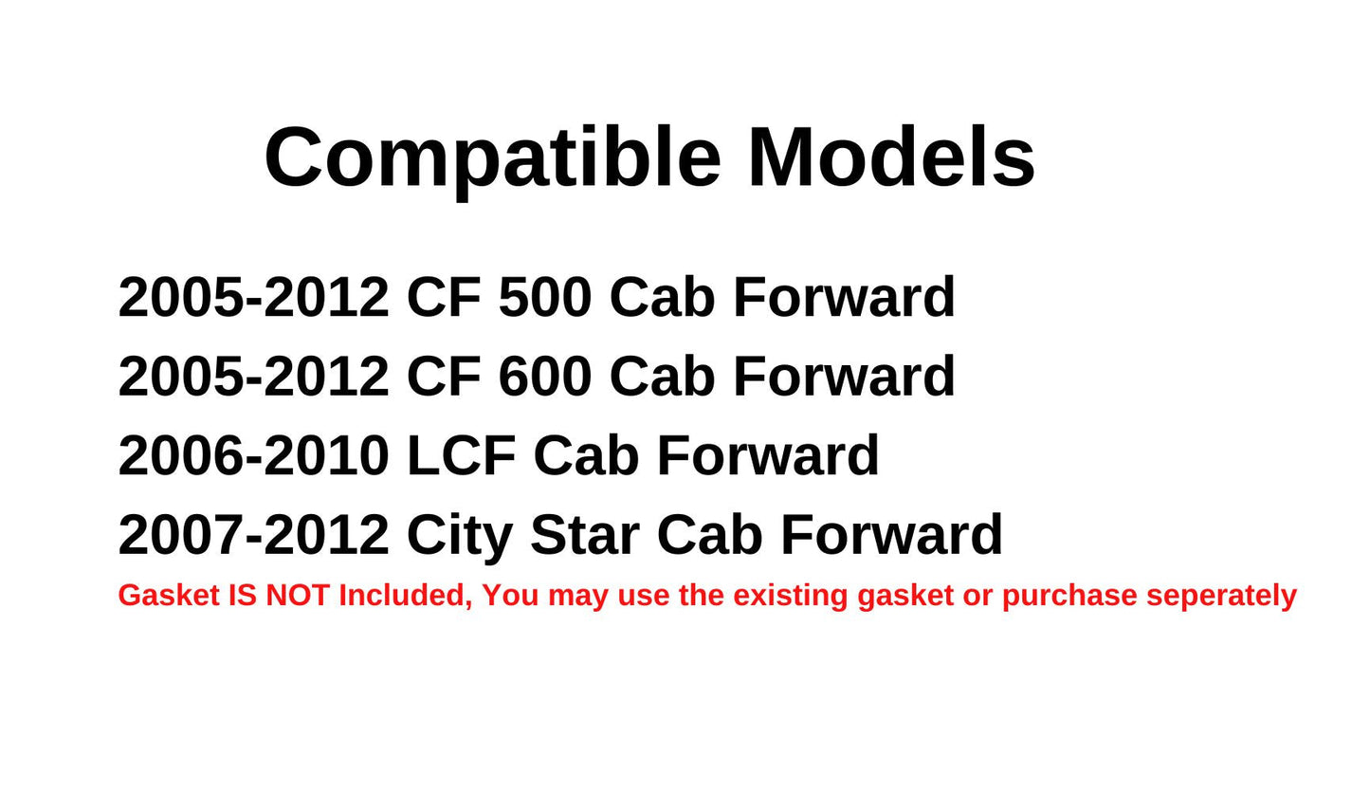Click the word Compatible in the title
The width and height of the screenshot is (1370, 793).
(x=492, y=157)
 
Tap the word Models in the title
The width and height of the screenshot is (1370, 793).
(x=891, y=157)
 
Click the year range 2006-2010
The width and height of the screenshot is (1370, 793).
(x=253, y=455)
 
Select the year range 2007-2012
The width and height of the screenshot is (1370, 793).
(x=253, y=534)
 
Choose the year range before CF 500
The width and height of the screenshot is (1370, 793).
(x=253, y=297)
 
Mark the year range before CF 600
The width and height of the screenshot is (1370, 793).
(x=253, y=376)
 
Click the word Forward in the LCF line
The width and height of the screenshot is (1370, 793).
(x=768, y=455)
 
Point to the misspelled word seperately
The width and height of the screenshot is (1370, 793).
(x=1221, y=596)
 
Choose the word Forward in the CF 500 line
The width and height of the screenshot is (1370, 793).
(x=844, y=297)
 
